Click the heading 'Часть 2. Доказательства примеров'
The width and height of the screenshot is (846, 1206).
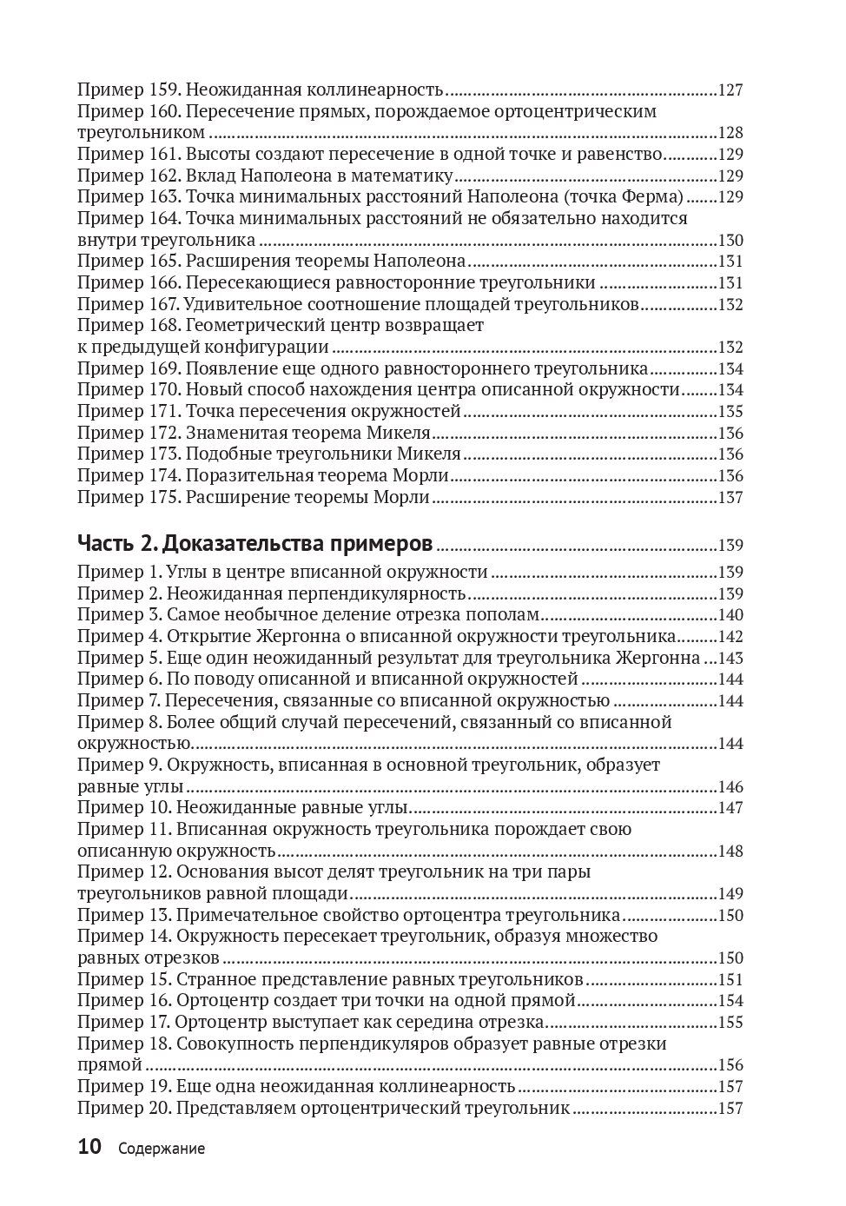point(254,544)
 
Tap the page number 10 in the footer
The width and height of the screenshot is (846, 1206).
point(90,1147)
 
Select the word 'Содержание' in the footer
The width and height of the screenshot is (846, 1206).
point(162,1149)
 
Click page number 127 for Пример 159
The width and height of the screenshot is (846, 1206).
point(730,89)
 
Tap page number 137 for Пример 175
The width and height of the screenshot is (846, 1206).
point(730,498)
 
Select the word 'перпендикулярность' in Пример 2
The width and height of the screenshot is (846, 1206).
point(385,593)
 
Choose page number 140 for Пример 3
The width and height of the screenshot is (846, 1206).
point(730,615)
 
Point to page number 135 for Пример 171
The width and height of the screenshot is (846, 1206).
point(730,412)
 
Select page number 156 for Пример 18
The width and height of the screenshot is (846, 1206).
point(730,1065)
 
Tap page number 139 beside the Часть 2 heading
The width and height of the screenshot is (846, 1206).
point(730,546)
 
